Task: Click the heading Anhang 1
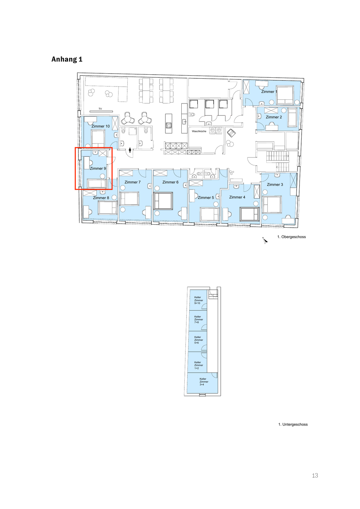coord(67,59)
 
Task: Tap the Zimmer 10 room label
coord(101,126)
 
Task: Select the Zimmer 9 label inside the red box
coord(98,168)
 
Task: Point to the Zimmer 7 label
coord(132,182)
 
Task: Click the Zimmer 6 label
coord(170,182)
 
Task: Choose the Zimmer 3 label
coord(275,185)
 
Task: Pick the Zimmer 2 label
coord(274,117)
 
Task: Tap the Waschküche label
coord(199,131)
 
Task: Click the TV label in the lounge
coord(100,109)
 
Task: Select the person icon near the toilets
coord(130,150)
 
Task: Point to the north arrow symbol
coord(265,240)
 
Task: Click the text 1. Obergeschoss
coord(291,237)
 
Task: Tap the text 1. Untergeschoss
coord(293,424)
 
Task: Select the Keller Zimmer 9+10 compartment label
coord(197,300)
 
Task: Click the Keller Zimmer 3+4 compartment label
coord(203,382)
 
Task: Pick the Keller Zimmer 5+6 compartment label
coord(197,340)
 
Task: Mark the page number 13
coord(315,475)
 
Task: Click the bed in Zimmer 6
coord(163,201)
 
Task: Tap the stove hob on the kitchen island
coord(168,126)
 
